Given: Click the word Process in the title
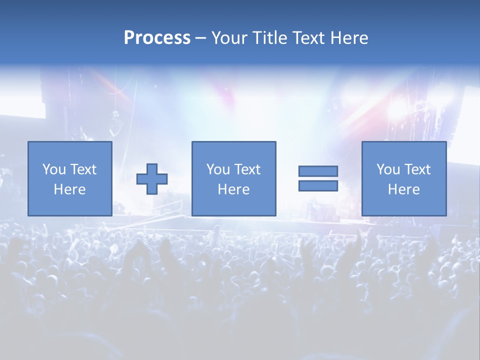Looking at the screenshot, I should tap(157, 38).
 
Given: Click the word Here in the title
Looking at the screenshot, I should tap(349, 38).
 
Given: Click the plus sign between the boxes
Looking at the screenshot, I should tap(152, 178).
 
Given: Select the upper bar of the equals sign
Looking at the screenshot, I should tap(318, 171).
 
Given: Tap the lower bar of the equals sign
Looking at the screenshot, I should tap(318, 185).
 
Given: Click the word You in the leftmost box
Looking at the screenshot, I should tap(54, 169).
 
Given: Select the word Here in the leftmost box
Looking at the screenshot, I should tap(69, 189).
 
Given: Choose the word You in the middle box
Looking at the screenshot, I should tap(218, 169).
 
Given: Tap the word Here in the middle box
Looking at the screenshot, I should tap(233, 189).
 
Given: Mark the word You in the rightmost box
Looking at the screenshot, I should tap(388, 169).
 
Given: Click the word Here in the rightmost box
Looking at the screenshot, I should tap(403, 189).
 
